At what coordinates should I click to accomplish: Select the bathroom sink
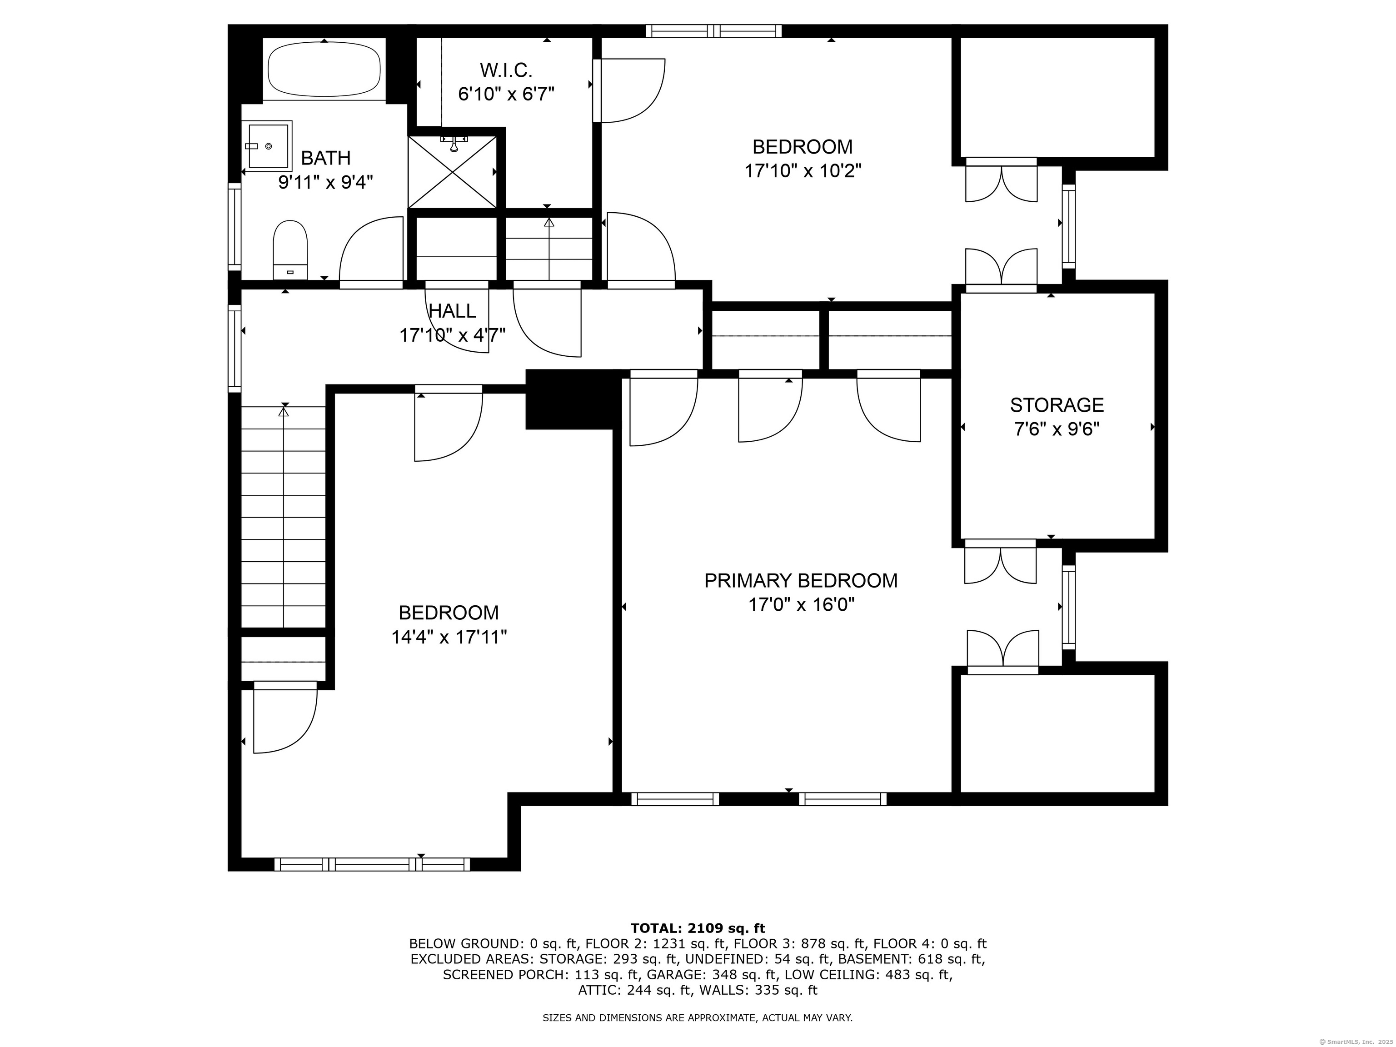tap(269, 146)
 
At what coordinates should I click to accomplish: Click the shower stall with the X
tap(453, 172)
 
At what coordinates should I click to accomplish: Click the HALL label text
tap(453, 310)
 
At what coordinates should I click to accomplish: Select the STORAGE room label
tap(1057, 404)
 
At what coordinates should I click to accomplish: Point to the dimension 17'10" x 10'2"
tap(803, 171)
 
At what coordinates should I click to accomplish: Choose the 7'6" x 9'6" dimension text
tap(1057, 429)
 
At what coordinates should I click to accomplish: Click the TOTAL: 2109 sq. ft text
tap(698, 928)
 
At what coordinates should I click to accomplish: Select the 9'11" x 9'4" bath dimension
tap(326, 182)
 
